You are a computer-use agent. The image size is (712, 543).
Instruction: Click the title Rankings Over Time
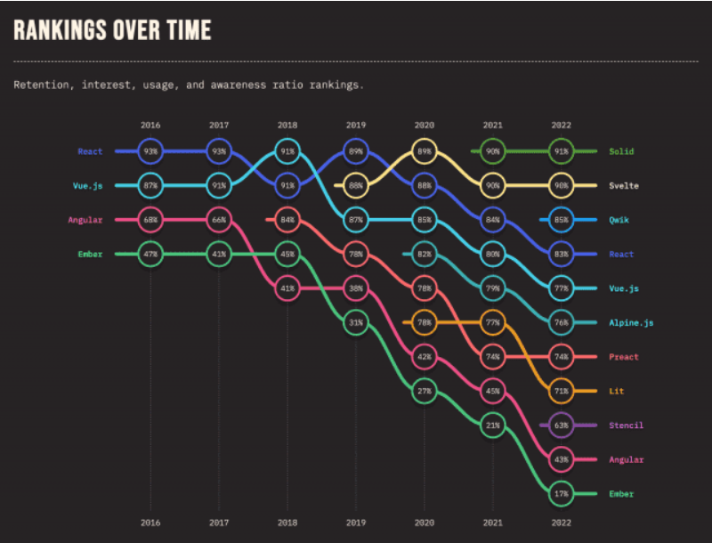pos(112,29)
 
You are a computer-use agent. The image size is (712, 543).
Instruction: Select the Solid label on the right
pos(621,151)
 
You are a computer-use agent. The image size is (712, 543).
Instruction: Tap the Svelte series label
pos(624,185)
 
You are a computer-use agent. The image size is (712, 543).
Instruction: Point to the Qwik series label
pos(620,220)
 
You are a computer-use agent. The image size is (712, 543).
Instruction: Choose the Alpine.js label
pos(631,322)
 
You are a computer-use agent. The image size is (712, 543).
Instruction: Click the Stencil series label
pos(626,425)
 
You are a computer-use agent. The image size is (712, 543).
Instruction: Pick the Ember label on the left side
pos(89,254)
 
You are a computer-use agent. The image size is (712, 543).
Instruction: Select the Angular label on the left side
pos(85,220)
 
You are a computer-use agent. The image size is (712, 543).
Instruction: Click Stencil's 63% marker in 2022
pos(561,425)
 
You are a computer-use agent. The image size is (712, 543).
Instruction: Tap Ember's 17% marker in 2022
pos(561,493)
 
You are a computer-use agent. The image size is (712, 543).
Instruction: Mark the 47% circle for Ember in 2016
pos(150,254)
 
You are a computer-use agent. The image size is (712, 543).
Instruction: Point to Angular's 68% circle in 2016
pos(150,220)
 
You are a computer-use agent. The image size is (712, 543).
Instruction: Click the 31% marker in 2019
pos(355,322)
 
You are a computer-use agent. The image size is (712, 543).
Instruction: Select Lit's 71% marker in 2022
pos(561,391)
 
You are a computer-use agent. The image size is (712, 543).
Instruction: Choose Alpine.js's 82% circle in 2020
pos(424,254)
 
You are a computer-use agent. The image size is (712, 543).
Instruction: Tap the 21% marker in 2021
pos(492,425)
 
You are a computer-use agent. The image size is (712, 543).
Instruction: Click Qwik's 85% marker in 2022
pos(561,220)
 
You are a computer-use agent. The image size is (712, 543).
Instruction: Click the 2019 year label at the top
pos(355,125)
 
